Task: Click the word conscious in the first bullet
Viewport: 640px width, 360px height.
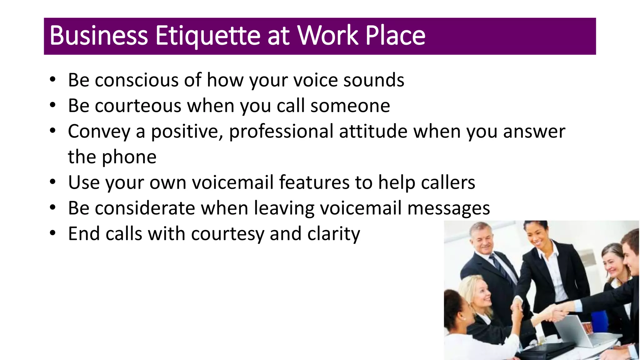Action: [x=136, y=80]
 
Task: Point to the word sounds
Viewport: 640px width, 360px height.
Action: [x=374, y=80]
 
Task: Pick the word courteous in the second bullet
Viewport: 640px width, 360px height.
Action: [x=138, y=106]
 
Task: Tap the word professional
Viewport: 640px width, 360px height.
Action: [x=281, y=131]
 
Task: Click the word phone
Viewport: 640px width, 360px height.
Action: [x=129, y=157]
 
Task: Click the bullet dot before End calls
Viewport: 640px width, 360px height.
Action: [x=52, y=233]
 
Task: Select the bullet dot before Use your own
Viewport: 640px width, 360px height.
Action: [x=52, y=182]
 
